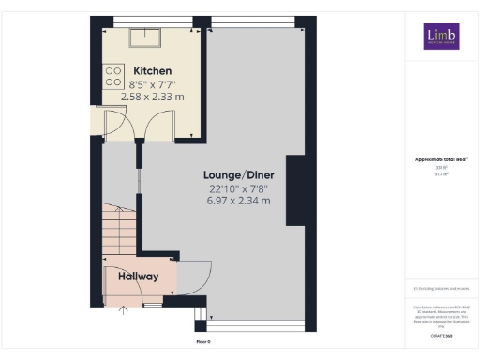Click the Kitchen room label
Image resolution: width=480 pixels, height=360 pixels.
point(152,71)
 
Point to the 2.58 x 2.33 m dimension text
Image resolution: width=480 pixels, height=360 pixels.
point(153,96)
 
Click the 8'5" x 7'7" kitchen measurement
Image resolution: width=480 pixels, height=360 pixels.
point(153,84)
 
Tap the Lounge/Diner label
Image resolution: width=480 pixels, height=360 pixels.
point(239,175)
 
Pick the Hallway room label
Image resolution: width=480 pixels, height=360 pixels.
point(139,277)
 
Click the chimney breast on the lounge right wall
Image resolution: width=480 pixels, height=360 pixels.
point(295,191)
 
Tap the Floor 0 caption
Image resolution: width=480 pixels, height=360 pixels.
point(202,342)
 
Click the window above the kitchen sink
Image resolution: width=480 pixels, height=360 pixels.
point(150,21)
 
